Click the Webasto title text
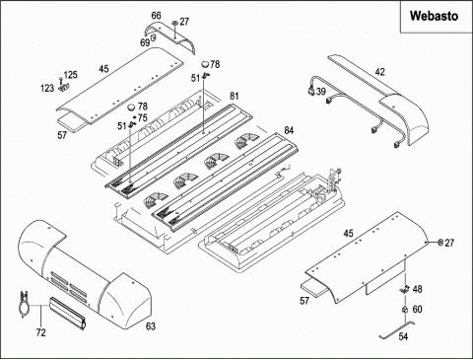click(434, 16)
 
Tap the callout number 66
click(157, 16)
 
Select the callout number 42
click(379, 72)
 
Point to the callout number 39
click(321, 91)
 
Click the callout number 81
click(234, 96)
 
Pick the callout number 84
click(289, 130)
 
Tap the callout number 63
click(151, 326)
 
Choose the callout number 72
click(40, 332)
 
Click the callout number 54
click(403, 336)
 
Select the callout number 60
click(417, 310)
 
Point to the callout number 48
click(417, 289)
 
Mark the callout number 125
click(71, 75)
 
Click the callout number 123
click(47, 88)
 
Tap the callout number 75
click(143, 117)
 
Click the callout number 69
click(145, 42)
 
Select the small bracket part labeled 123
click(64, 88)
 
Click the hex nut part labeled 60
click(405, 310)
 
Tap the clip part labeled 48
click(403, 290)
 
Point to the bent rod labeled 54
click(396, 329)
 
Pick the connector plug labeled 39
click(310, 91)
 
